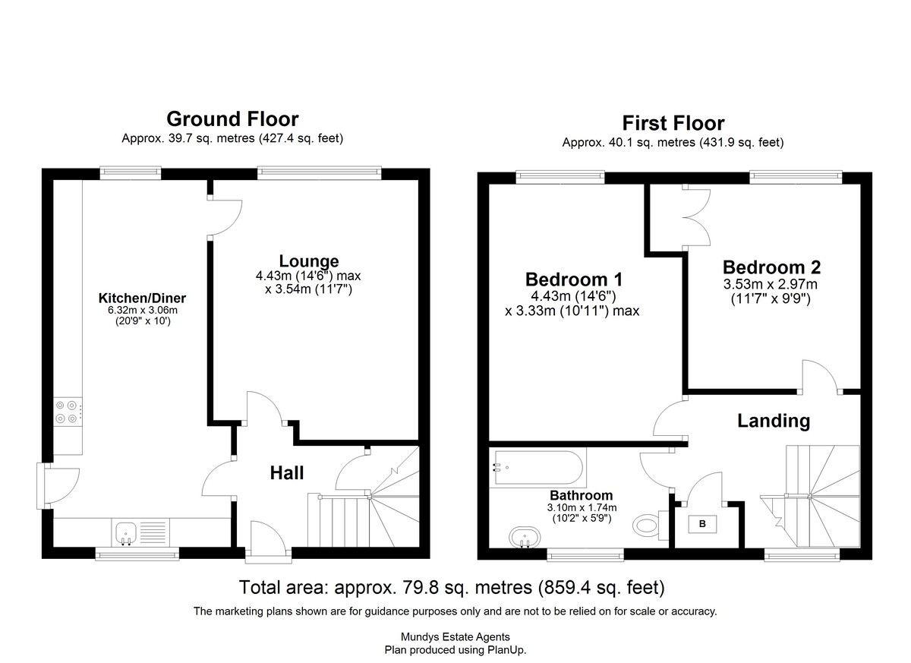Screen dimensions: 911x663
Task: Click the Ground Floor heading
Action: (232, 119)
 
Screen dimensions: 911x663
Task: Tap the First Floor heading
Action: (673, 123)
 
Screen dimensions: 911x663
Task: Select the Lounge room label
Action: (309, 260)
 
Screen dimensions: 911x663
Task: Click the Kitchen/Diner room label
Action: (142, 298)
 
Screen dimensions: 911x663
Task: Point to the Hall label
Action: (287, 473)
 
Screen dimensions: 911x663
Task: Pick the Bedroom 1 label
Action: (574, 279)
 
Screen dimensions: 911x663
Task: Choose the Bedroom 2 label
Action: (771, 267)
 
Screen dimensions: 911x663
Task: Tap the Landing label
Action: (774, 421)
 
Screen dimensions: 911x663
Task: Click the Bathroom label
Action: (582, 495)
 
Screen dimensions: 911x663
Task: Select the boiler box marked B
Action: (702, 524)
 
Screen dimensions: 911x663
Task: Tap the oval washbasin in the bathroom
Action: (525, 538)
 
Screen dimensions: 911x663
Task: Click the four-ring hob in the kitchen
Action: (68, 412)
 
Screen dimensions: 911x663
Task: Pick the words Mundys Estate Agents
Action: (455, 637)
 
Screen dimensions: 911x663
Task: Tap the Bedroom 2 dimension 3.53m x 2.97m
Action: (771, 284)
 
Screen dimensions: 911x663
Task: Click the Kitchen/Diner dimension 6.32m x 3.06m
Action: (143, 311)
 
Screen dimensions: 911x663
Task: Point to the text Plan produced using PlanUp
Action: (455, 650)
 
